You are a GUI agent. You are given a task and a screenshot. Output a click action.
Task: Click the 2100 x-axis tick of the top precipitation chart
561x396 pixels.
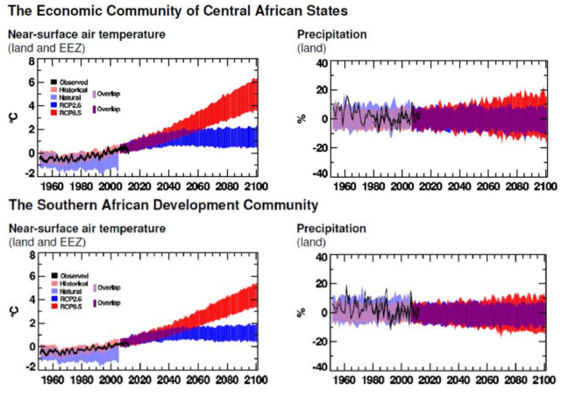(544, 185)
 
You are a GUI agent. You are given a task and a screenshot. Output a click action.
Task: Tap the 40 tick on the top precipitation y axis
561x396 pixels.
(320, 63)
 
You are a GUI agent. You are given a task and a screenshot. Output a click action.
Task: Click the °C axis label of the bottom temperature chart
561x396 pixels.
(11, 312)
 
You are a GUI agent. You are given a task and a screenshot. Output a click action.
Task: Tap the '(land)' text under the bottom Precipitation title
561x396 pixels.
(312, 241)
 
